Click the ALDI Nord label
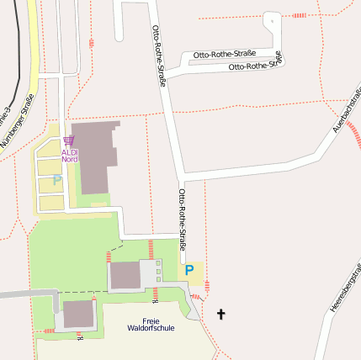[x=70, y=156]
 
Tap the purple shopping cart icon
[x=70, y=141]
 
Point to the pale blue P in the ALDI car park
[x=56, y=179]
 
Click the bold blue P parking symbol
[x=189, y=271]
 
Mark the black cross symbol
[x=221, y=315]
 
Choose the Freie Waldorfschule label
[x=151, y=325]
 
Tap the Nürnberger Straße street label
[x=17, y=123]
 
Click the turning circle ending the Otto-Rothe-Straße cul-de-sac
[x=271, y=19]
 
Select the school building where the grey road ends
[x=78, y=315]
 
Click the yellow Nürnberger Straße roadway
[x=32, y=50]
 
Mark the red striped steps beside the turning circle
[x=299, y=16]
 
